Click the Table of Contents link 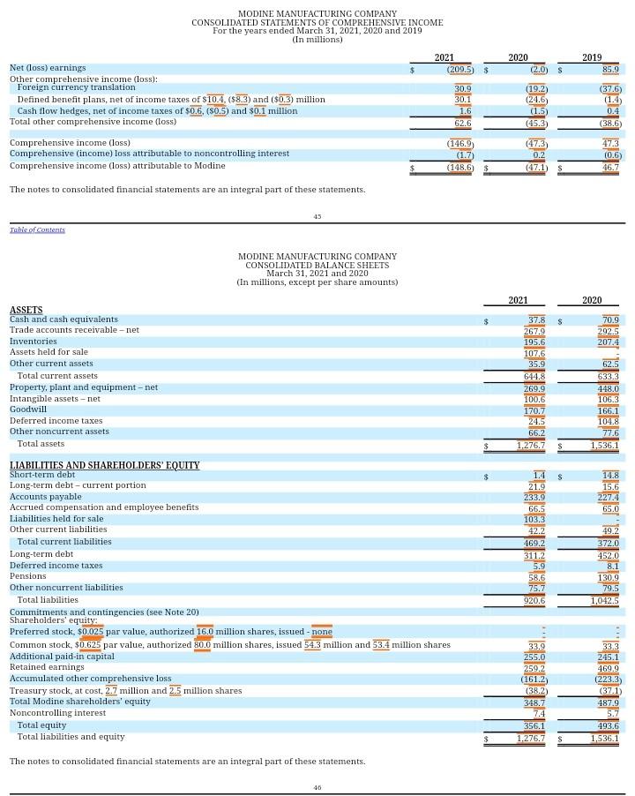tap(37, 230)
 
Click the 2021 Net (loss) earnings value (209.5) tap(459, 69)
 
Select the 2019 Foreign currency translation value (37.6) tap(610, 89)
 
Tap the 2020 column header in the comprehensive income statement tap(518, 57)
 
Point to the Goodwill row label tap(28, 409)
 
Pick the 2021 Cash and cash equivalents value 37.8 tap(536, 319)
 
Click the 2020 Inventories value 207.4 tap(608, 342)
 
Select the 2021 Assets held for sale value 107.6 tap(534, 353)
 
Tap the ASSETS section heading tap(26, 310)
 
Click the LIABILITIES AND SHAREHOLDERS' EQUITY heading tap(104, 465)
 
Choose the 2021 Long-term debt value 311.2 tap(534, 555)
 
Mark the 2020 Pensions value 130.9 tap(608, 577)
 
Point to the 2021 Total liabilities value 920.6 tap(534, 601)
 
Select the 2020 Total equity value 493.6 tap(608, 725)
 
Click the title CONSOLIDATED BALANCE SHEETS tap(317, 265)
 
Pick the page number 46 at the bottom tap(317, 787)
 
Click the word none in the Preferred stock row tap(322, 632)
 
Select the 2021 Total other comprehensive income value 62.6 tap(462, 123)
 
